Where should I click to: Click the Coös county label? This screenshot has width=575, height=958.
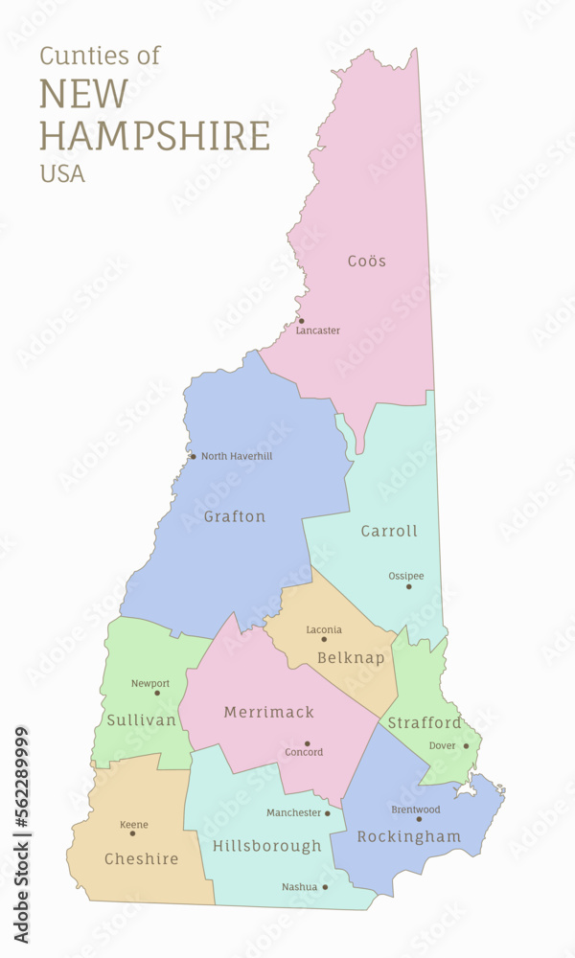(x=367, y=261)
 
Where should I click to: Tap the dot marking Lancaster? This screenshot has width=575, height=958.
(x=301, y=321)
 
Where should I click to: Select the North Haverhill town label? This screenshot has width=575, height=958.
(x=237, y=456)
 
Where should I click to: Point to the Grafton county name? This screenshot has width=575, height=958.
(x=235, y=516)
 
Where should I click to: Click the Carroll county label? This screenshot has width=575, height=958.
(x=389, y=531)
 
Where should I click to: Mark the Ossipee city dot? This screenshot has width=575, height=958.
(x=408, y=586)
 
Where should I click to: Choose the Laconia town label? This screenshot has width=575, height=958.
(x=324, y=629)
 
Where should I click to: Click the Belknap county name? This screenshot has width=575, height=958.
(x=351, y=658)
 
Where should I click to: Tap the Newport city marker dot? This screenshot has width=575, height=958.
(x=157, y=693)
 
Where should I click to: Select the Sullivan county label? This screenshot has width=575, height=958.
(x=142, y=719)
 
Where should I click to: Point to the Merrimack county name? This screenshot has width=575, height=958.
(x=269, y=712)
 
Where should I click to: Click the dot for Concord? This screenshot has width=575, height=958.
(x=308, y=743)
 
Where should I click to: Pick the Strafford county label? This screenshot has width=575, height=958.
(x=425, y=722)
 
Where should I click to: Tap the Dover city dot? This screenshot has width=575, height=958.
(x=467, y=745)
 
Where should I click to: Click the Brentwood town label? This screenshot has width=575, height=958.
(x=416, y=810)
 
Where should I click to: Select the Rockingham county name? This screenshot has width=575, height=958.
(x=409, y=836)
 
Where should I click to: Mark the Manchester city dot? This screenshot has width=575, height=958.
(x=328, y=813)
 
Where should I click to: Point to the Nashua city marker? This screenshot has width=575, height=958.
(x=325, y=887)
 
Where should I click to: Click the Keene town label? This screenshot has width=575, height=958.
(x=134, y=825)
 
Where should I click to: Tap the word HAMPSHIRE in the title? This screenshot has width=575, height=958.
(x=154, y=135)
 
